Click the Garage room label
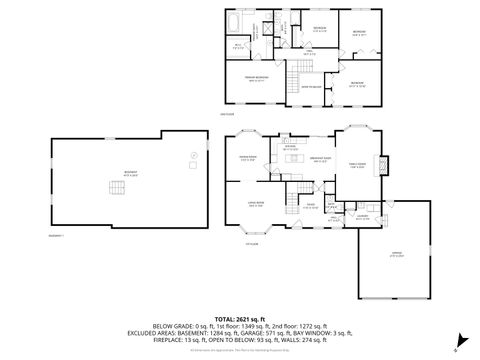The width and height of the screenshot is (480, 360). click(x=395, y=257)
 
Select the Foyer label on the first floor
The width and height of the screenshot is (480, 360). click(x=313, y=207)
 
